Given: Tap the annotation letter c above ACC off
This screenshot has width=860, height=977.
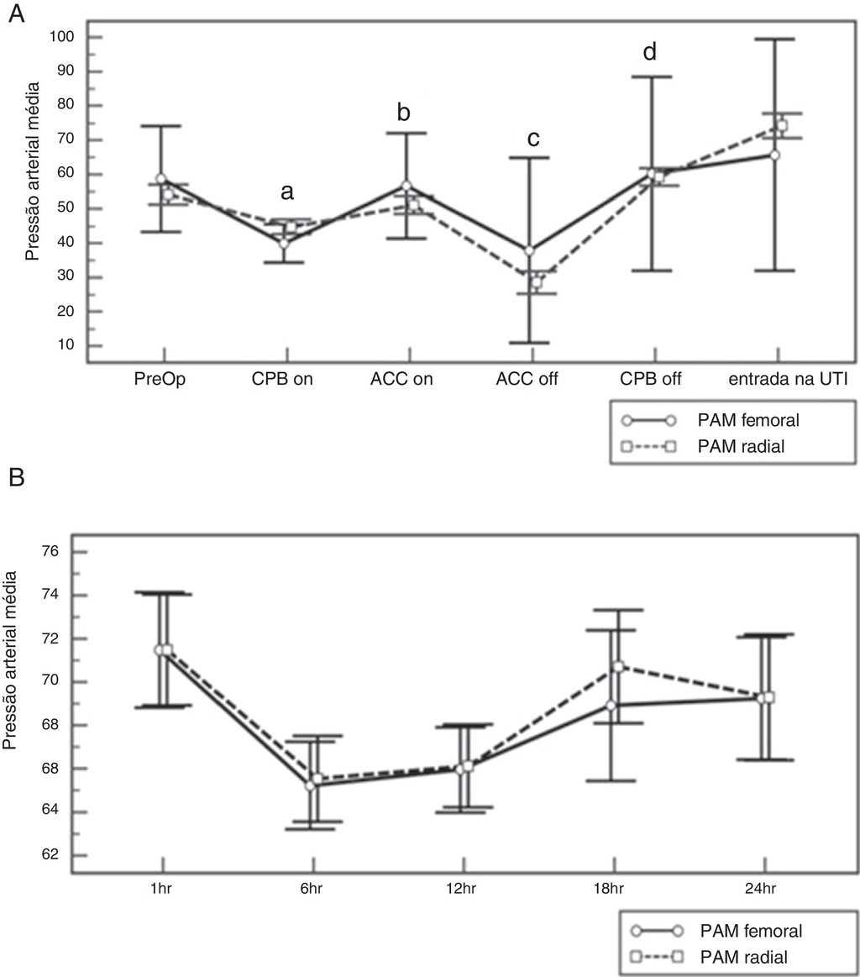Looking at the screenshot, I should [x=532, y=139].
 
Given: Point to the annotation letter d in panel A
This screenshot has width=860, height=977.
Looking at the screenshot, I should [x=649, y=52].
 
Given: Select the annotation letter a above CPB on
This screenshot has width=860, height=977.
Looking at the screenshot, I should [x=287, y=192].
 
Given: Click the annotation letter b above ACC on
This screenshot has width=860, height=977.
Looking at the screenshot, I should [x=405, y=113].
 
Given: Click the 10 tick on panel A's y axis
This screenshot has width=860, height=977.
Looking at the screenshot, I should [x=67, y=345].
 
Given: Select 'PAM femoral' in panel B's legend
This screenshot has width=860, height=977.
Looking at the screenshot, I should [x=750, y=931].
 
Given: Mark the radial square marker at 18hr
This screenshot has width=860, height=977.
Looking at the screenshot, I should [x=618, y=666].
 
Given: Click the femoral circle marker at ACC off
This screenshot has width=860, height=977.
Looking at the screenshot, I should [x=529, y=250].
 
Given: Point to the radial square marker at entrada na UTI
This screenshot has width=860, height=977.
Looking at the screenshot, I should [x=781, y=125].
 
